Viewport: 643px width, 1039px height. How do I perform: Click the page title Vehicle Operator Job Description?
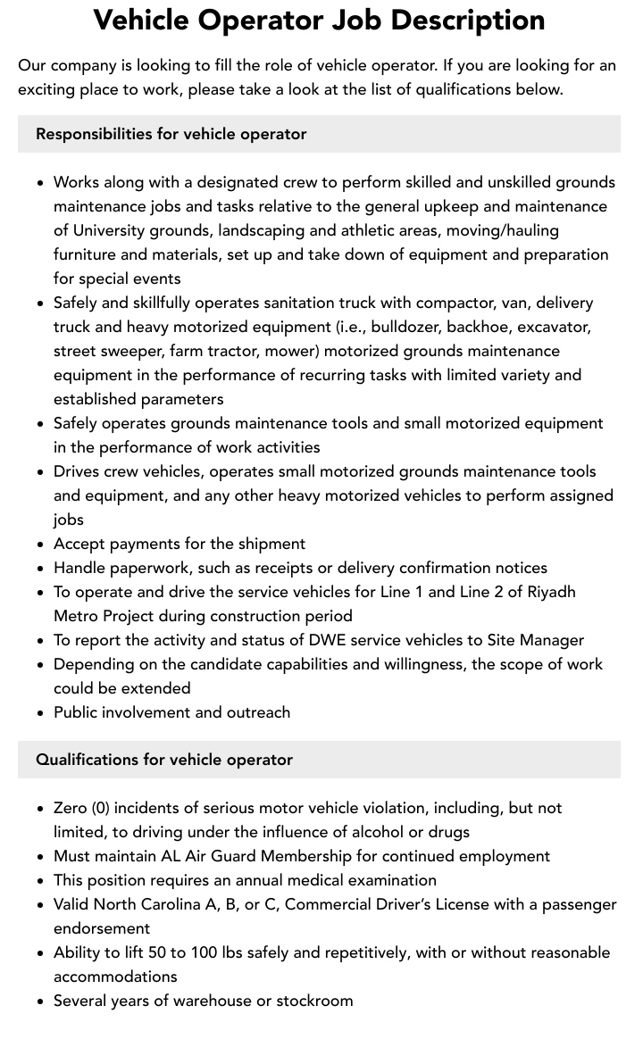pyautogui.click(x=319, y=21)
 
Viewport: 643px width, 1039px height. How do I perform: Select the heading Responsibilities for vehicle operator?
pyautogui.click(x=171, y=134)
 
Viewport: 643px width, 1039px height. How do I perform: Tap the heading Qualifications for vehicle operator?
pyautogui.click(x=163, y=760)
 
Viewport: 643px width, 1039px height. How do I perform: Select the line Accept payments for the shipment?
pyautogui.click(x=180, y=544)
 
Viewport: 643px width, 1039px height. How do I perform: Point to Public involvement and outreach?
pyautogui.click(x=171, y=712)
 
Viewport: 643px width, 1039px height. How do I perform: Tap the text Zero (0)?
pyautogui.click(x=82, y=808)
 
